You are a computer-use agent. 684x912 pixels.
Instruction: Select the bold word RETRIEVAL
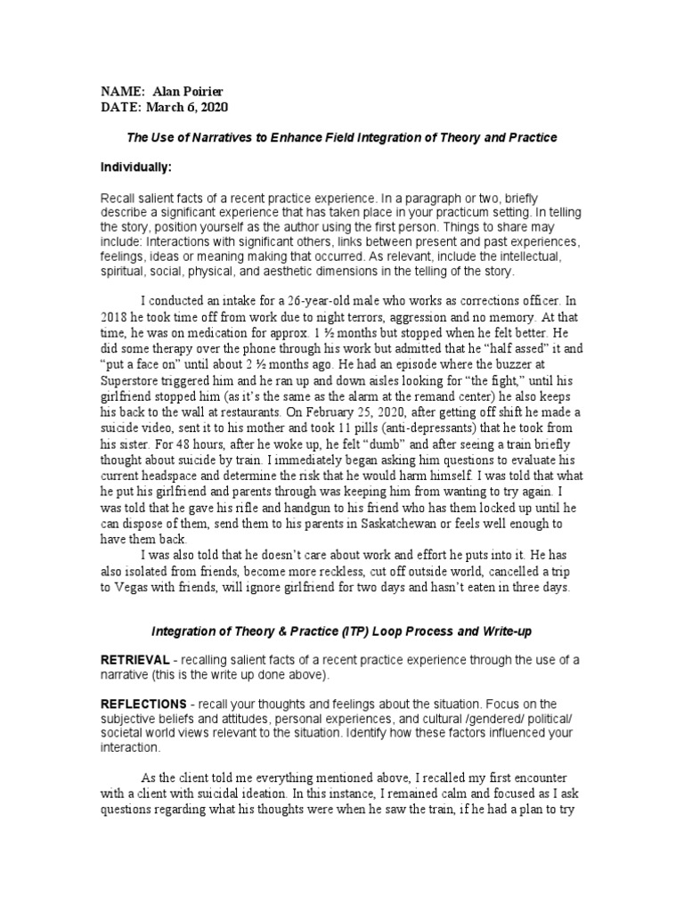(134, 659)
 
